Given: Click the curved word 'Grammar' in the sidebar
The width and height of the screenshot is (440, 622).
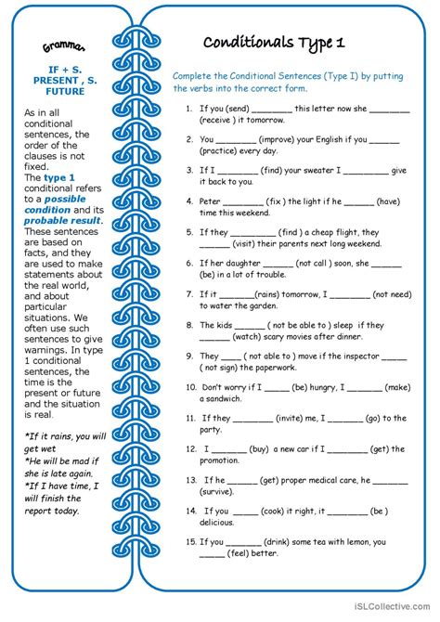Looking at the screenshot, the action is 64,46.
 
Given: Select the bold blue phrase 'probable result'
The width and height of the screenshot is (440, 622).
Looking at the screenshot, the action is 59,221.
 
